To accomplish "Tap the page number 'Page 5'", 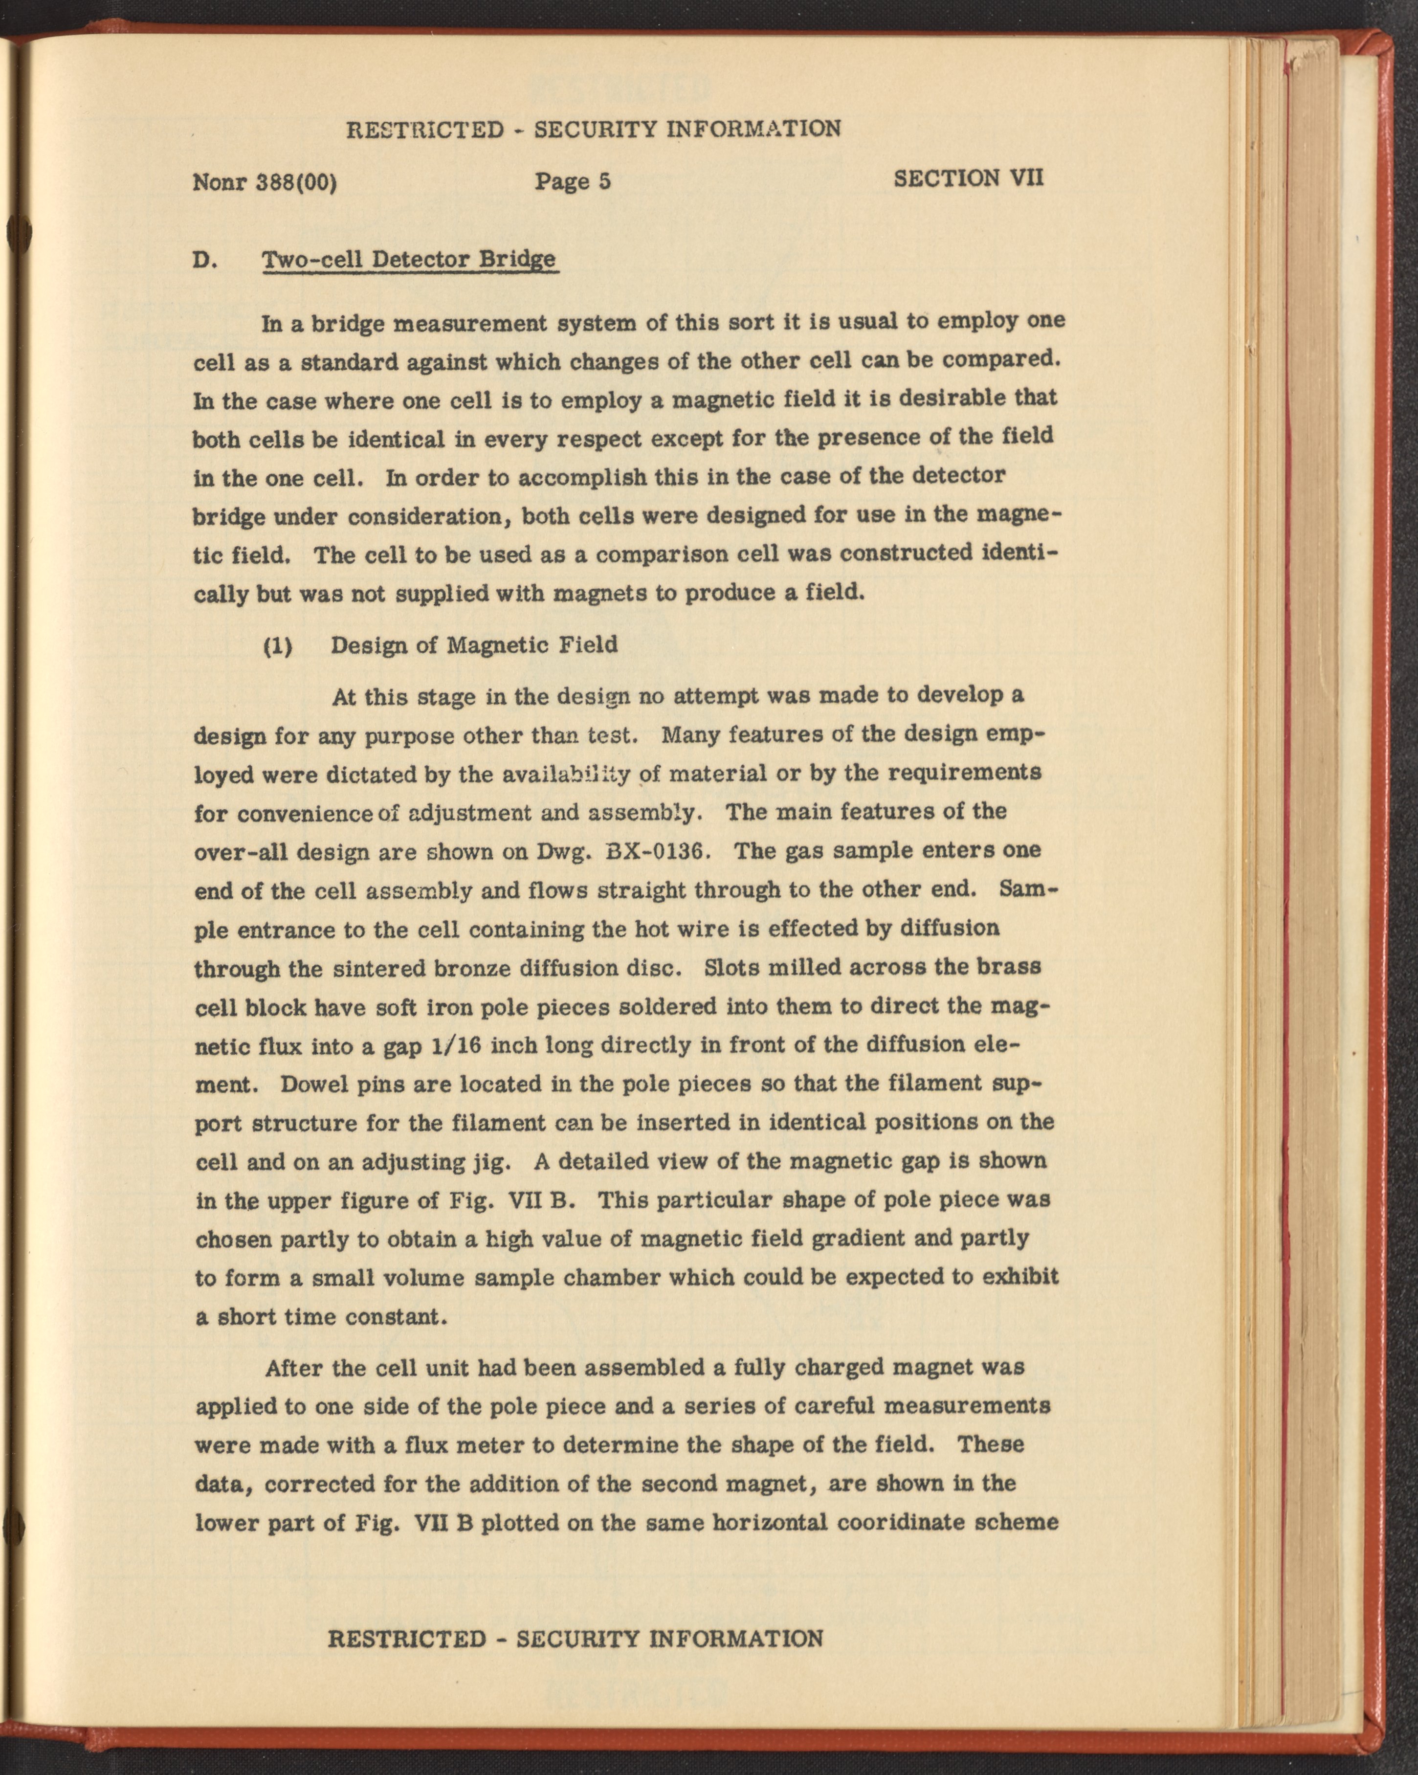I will pyautogui.click(x=572, y=181).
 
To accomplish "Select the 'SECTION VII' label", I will pyautogui.click(x=968, y=178).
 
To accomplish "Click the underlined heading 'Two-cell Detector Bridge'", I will pyautogui.click(x=409, y=260).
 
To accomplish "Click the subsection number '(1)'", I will pyautogui.click(x=278, y=644).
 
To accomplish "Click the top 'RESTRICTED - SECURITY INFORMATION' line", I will pyautogui.click(x=594, y=129).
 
